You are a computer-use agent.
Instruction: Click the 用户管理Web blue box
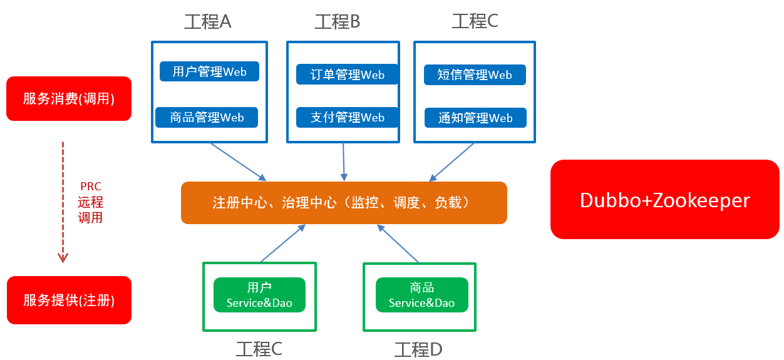coord(209,71)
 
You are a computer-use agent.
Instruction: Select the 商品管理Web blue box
coord(207,117)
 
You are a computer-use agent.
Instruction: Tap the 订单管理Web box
coord(348,75)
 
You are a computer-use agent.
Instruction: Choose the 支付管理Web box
coord(348,117)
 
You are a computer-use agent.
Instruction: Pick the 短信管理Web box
coord(475,75)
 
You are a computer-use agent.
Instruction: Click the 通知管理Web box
coord(475,118)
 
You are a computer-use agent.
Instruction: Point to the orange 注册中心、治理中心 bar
coord(343,202)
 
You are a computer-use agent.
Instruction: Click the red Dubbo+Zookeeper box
coord(664,200)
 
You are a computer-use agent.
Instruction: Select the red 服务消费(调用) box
coord(69,98)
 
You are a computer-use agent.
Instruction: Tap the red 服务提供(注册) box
coord(69,300)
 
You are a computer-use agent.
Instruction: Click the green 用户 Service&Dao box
coord(259,295)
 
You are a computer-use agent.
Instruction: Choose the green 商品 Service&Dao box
coord(421,295)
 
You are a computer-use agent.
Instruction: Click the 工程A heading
coord(207,22)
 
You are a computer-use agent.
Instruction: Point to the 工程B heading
coord(337,22)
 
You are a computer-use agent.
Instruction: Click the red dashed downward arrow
coord(63,200)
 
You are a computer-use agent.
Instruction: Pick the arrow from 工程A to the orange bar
coord(238,162)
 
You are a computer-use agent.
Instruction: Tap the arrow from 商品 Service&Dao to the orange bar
coord(398,244)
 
